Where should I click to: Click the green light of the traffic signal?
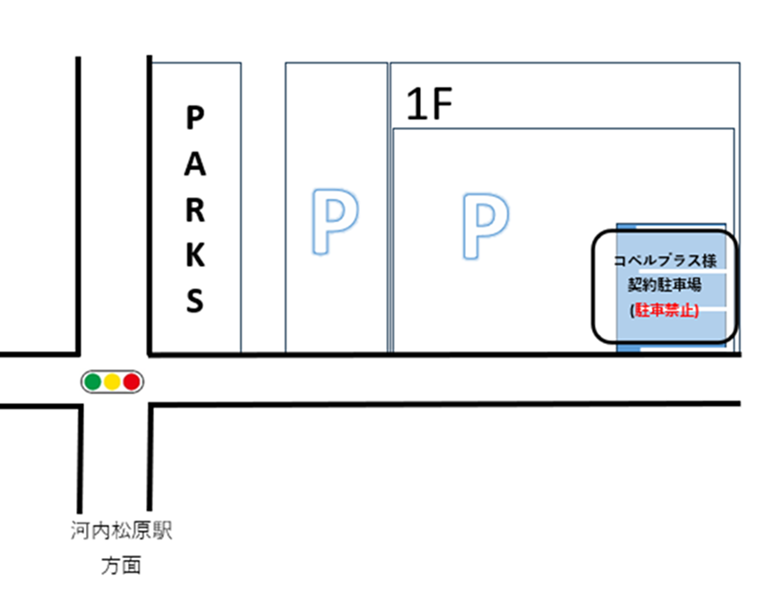coord(92,382)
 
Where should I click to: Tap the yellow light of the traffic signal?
coord(112,382)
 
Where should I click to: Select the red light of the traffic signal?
coord(132,382)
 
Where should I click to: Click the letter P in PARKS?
coord(195,116)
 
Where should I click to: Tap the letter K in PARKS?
coord(195,256)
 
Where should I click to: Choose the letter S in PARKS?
coord(195,301)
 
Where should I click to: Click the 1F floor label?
coord(431,106)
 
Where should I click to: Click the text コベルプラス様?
coord(664,261)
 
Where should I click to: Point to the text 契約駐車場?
coord(664,285)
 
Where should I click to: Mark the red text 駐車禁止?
coord(665,310)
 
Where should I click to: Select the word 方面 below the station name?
coord(120,566)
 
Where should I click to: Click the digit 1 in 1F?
coord(415,106)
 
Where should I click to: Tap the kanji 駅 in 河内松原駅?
coord(160,532)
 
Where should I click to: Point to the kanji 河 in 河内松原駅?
coord(80,532)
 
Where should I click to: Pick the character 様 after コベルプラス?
coord(708,261)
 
